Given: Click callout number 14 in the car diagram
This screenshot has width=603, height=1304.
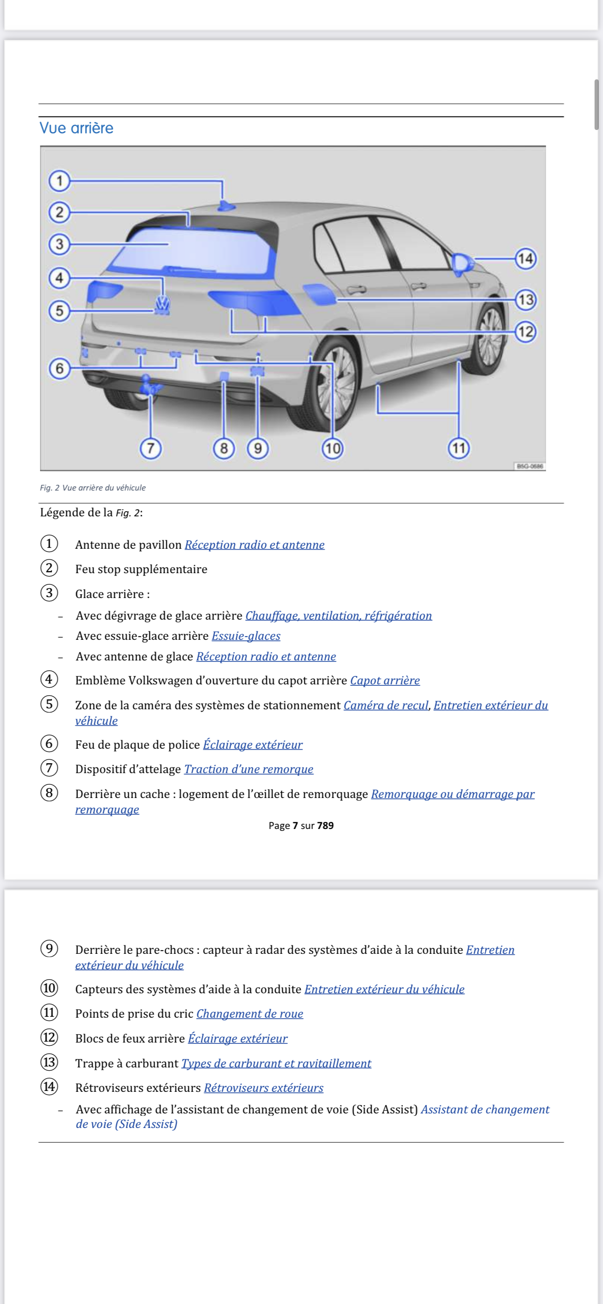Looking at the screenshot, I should (x=526, y=259).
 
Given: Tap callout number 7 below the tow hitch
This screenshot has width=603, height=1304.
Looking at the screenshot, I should (x=150, y=448).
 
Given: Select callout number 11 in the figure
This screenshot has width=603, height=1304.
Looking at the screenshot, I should (x=459, y=448).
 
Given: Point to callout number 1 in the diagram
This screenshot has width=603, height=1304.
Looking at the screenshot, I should (x=59, y=181).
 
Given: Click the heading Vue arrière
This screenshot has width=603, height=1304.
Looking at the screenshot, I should (x=77, y=128).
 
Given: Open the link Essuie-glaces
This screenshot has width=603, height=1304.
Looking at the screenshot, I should (x=246, y=636).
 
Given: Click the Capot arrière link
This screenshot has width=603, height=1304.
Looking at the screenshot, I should (x=385, y=680).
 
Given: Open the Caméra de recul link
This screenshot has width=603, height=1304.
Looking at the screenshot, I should (x=386, y=705).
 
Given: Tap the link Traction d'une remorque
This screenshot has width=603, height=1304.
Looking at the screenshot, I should (x=248, y=769).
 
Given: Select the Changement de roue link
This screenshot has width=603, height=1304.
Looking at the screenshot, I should (x=249, y=1013).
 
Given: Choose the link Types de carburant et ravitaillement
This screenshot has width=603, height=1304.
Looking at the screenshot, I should (x=277, y=1063).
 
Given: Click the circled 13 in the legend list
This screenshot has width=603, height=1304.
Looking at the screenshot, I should (x=49, y=1062).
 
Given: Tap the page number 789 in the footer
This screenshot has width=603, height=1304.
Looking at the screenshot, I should (x=325, y=826).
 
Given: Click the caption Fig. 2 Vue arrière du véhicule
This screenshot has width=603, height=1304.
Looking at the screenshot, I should (x=93, y=488).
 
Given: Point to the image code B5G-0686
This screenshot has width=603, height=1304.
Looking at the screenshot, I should (x=530, y=466).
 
